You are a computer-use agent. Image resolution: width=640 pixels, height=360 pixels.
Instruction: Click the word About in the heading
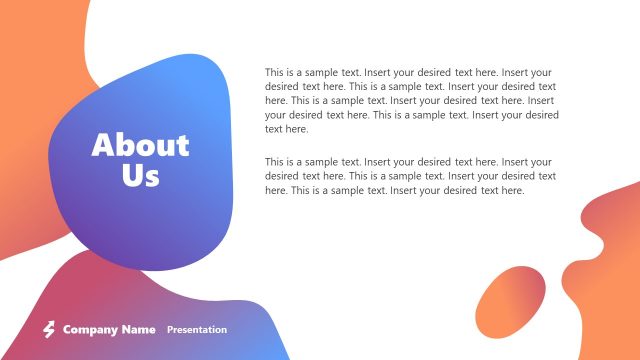[x=140, y=146]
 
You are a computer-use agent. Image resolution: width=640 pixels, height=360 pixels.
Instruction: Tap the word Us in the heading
[x=140, y=176]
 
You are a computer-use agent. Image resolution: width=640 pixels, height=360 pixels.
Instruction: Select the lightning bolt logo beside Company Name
[x=48, y=329]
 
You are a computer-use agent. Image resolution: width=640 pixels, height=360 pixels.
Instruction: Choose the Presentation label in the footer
[x=197, y=329]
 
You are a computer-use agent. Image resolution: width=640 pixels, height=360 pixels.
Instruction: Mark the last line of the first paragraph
[x=287, y=129]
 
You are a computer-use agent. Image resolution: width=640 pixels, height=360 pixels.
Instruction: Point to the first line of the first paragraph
[x=408, y=73]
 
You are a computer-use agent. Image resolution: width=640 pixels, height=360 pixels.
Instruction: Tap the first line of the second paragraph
[x=408, y=162]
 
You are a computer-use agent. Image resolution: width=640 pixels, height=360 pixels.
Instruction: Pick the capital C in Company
[x=67, y=329]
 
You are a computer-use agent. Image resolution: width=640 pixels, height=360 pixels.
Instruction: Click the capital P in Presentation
[x=170, y=329]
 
